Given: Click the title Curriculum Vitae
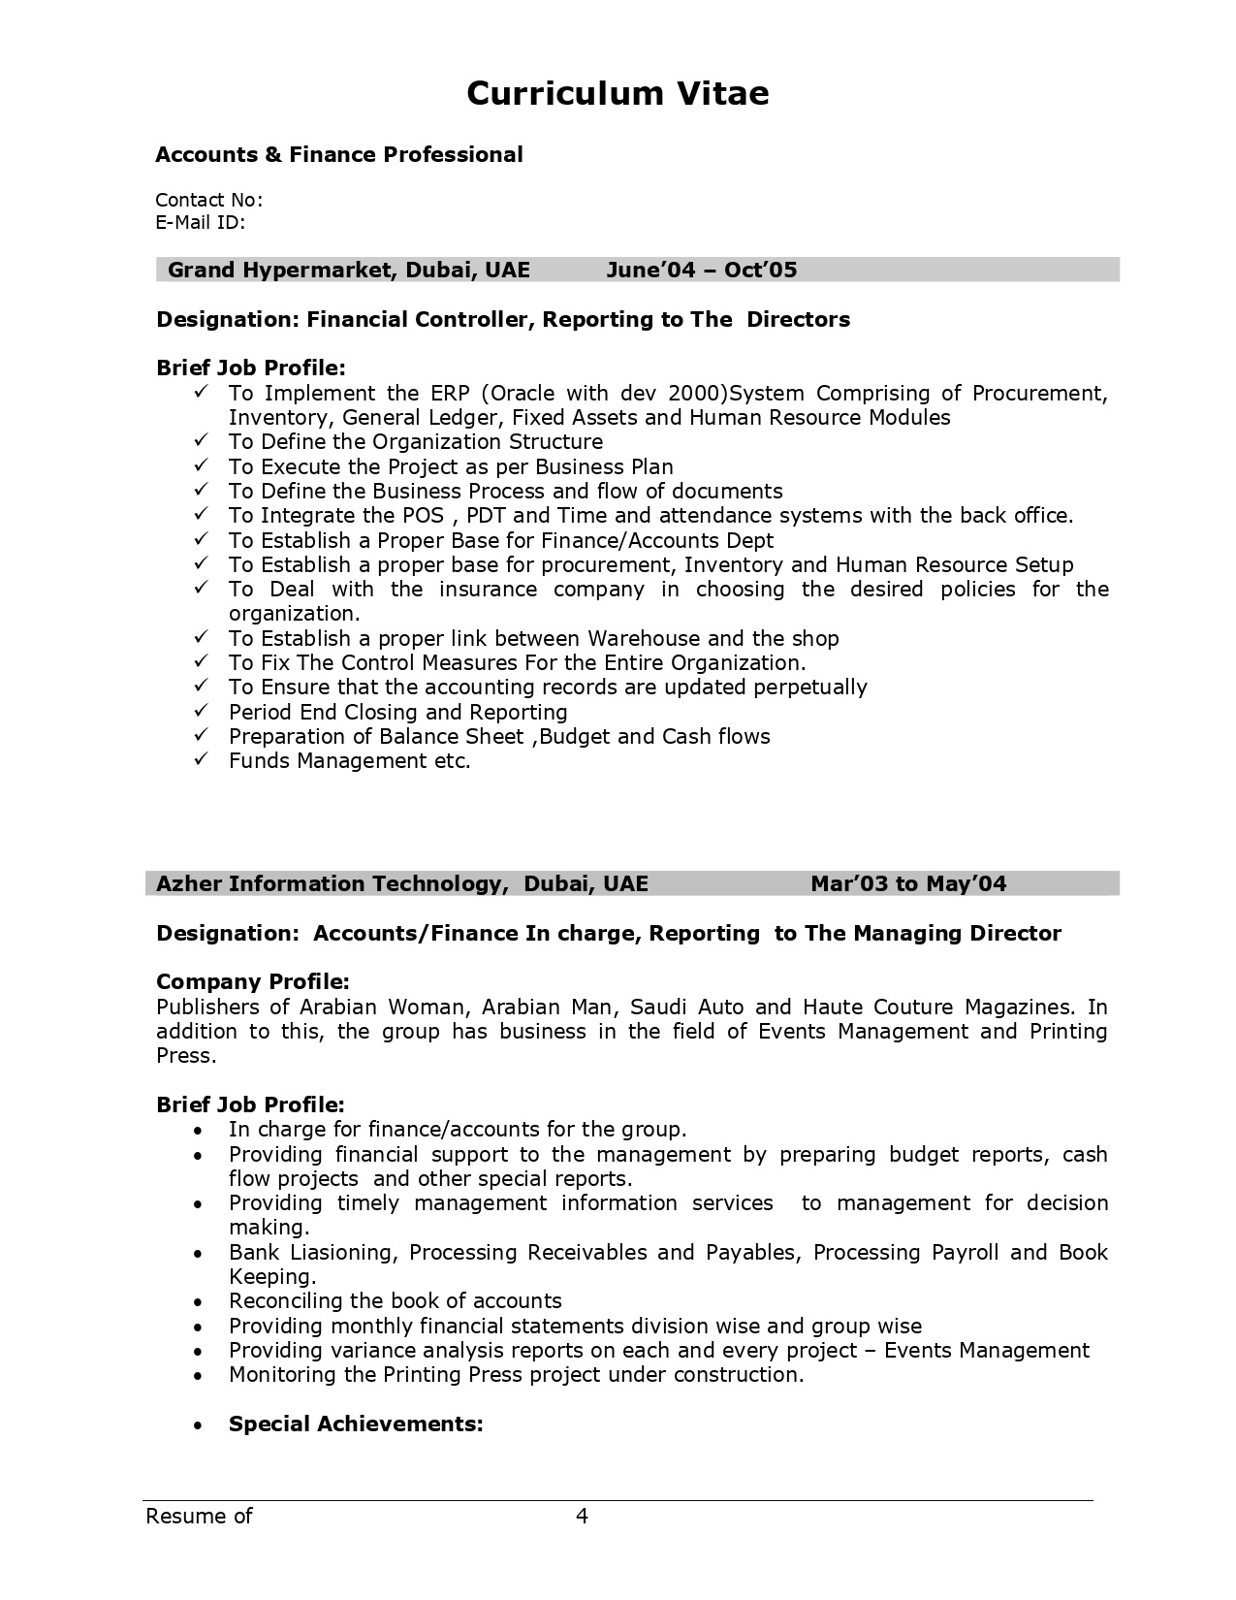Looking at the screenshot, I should (618, 93).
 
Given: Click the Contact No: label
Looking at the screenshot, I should (208, 200).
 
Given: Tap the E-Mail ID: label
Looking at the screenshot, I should (200, 222).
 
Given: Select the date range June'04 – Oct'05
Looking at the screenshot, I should (701, 270).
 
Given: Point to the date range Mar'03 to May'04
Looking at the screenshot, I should (908, 883).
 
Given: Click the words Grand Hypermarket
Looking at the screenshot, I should (278, 270).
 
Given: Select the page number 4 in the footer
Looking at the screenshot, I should (583, 1516).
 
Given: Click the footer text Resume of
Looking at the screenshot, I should (199, 1516).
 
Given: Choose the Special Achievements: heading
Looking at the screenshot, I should (356, 1424).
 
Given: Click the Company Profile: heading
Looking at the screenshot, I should (252, 981).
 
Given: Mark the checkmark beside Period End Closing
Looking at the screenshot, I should (202, 711).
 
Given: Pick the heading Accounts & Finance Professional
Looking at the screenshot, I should (339, 154).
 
